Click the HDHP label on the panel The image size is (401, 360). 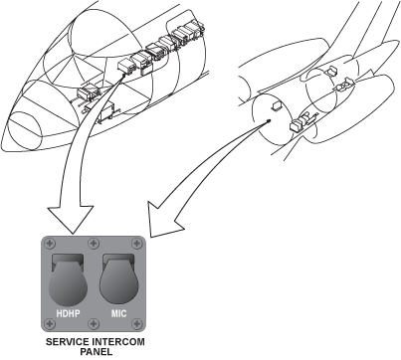pyautogui.click(x=68, y=313)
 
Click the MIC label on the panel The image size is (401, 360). pyautogui.click(x=118, y=313)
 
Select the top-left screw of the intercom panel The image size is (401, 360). pyautogui.click(x=50, y=244)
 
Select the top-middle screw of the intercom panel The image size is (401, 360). pyautogui.click(x=94, y=244)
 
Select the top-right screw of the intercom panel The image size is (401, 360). pyautogui.click(x=137, y=244)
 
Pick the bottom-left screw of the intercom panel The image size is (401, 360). pyautogui.click(x=50, y=323)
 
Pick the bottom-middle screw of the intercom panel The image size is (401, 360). pyautogui.click(x=94, y=323)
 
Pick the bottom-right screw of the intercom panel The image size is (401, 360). pyautogui.click(x=137, y=323)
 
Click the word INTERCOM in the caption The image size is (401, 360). pyautogui.click(x=118, y=342)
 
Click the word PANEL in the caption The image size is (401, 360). pyautogui.click(x=96, y=352)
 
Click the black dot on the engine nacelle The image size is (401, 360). pyautogui.click(x=269, y=120)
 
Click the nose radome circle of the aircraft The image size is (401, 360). pyautogui.click(x=24, y=129)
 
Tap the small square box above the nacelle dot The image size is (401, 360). pyautogui.click(x=277, y=105)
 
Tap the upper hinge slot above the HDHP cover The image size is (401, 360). pyautogui.click(x=68, y=259)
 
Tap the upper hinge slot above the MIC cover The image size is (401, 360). pyautogui.click(x=118, y=258)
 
